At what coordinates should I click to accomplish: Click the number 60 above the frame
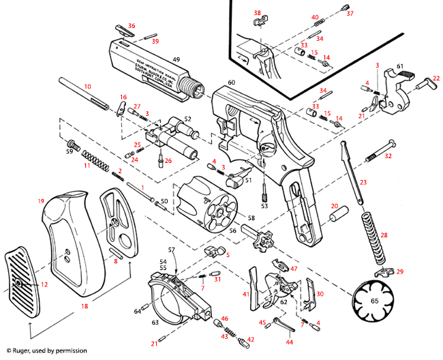click(231, 82)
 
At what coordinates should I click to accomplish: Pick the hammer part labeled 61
click(393, 85)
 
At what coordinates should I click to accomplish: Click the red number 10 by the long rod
click(87, 87)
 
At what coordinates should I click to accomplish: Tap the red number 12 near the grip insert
click(44, 284)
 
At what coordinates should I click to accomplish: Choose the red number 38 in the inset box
click(257, 13)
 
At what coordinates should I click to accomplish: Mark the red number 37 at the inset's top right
click(350, 13)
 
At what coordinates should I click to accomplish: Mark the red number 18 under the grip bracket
click(85, 307)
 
